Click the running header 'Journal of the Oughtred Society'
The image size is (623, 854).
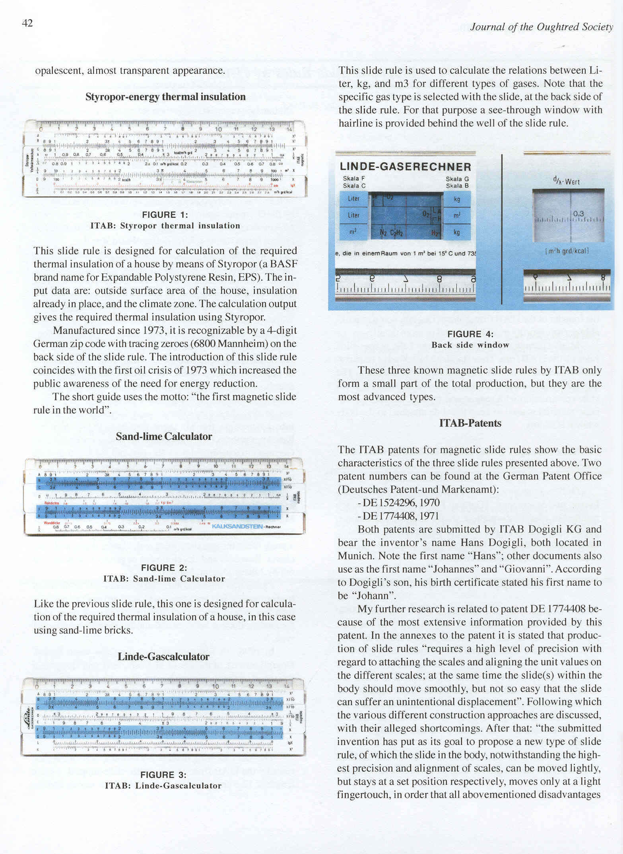pos(541,27)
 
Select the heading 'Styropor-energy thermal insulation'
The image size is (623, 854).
pos(165,97)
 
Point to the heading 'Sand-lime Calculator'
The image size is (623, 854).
pos(164,437)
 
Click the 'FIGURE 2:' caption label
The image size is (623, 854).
pos(164,568)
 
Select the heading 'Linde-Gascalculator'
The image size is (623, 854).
pos(163,657)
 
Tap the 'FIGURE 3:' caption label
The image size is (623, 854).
pos(163,775)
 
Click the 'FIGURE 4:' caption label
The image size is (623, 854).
pos(470,334)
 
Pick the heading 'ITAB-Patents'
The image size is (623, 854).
pos(470,423)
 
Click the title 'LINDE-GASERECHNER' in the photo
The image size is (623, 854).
pos(406,167)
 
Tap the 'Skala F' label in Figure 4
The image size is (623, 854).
pos(354,179)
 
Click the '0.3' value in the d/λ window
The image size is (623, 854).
pos(578,214)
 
